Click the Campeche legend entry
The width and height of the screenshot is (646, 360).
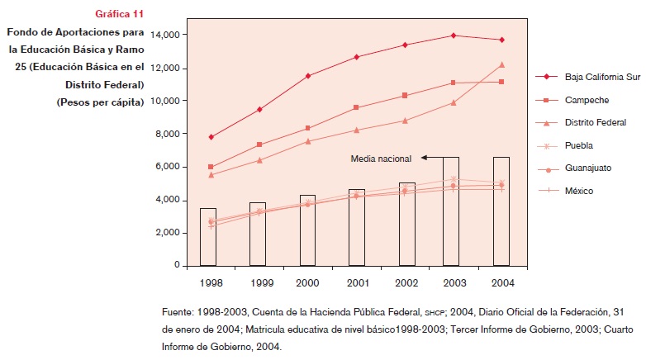pos(587,100)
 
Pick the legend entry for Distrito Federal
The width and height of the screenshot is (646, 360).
pos(595,122)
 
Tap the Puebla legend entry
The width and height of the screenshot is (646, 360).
pos(580,145)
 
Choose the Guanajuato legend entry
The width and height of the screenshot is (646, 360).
pos(588,168)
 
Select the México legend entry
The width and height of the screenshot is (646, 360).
pos(580,191)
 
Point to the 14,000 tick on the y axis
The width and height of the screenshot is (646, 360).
pos(165,35)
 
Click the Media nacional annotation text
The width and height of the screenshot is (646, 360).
pos(381,157)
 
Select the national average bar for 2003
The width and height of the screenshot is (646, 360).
pos(451,211)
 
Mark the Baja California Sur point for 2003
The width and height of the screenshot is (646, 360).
pos(451,36)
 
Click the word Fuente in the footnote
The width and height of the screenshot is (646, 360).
pos(178,313)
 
